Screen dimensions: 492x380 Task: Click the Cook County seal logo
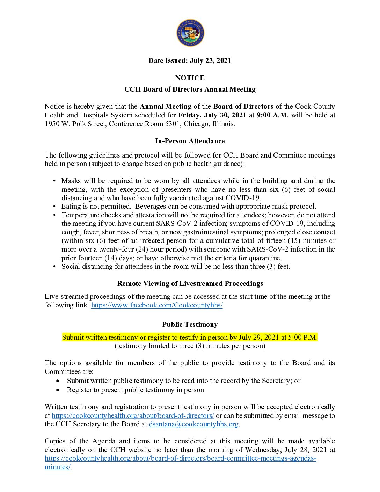190,33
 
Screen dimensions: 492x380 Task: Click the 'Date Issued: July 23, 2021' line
190,60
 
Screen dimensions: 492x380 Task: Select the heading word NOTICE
190,78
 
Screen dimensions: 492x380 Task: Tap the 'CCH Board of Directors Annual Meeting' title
190,89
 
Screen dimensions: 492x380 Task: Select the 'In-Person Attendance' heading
190,141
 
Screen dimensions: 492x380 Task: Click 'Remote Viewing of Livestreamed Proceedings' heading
190,283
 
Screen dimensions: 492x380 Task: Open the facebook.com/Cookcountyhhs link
157,305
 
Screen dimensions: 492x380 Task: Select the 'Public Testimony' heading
190,324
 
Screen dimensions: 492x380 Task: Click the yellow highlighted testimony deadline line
190,337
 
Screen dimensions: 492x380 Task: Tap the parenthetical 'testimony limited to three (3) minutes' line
190,346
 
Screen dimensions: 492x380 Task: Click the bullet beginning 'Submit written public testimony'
183,381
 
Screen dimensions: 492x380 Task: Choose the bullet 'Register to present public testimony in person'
135,390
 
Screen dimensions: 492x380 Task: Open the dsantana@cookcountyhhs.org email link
193,424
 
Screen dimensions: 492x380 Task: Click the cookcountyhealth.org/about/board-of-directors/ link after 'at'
133,415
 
